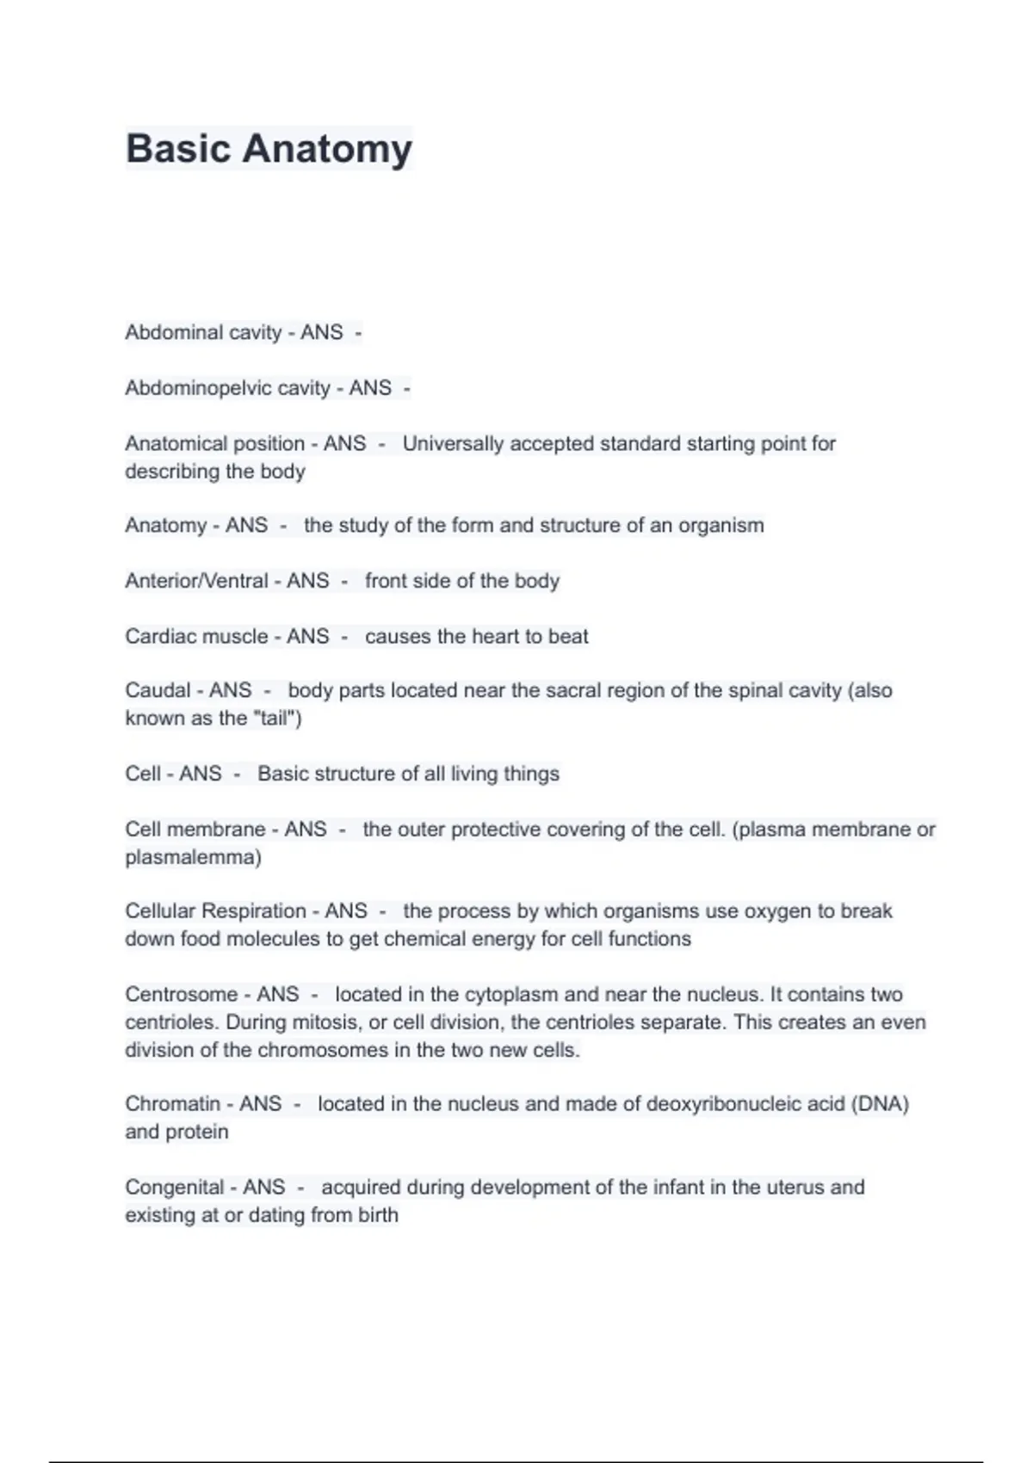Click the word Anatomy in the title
click(x=327, y=149)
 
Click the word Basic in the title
click(x=179, y=149)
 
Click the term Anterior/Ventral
click(x=196, y=581)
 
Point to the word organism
click(x=721, y=526)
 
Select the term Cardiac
click(x=152, y=637)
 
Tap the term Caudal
click(x=158, y=690)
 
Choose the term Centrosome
click(x=180, y=995)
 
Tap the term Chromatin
click(x=172, y=1104)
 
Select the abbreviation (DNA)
click(x=880, y=1104)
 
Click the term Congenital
click(x=175, y=1188)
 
